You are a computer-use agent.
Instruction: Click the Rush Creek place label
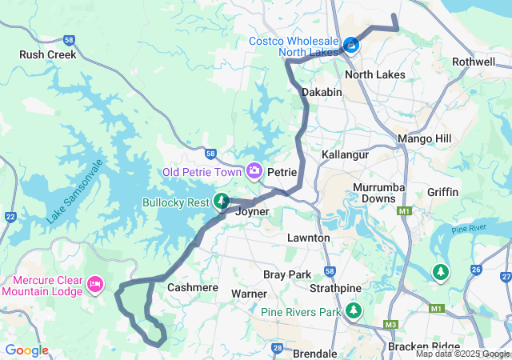[48, 55]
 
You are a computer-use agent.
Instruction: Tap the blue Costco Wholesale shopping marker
[351, 44]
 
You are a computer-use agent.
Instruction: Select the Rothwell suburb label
[474, 62]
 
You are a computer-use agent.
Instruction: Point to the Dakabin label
[322, 93]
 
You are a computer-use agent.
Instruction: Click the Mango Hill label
[425, 139]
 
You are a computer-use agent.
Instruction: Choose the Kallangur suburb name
[343, 154]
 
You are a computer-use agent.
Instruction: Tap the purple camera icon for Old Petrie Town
[254, 170]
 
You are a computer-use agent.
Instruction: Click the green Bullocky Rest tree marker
[222, 202]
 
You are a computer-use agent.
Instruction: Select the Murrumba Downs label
[374, 193]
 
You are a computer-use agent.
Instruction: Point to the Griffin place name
[442, 192]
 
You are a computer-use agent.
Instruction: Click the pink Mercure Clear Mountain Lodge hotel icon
[96, 283]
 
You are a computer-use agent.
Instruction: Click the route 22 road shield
[10, 217]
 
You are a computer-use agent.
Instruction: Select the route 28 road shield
[278, 348]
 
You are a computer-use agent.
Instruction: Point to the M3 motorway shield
[391, 324]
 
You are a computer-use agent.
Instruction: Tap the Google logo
[26, 350]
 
